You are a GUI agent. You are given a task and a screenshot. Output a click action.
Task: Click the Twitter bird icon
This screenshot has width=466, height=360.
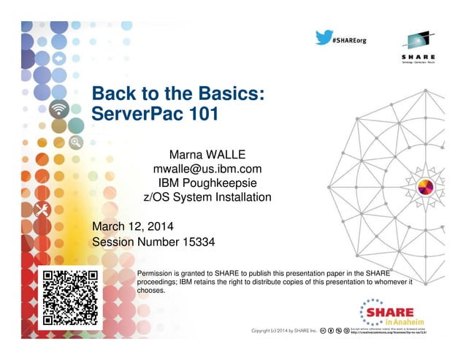[323, 37]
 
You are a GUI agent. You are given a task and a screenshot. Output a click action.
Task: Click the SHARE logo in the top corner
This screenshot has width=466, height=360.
[418, 47]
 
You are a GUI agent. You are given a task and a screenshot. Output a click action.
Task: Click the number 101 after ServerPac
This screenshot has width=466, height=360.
[203, 115]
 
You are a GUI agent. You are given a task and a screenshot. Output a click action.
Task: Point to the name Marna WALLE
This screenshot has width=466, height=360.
[207, 156]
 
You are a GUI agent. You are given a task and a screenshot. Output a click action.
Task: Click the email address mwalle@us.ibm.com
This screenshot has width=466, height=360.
[207, 169]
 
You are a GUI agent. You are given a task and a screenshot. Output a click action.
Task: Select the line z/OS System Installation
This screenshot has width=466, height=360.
[207, 197]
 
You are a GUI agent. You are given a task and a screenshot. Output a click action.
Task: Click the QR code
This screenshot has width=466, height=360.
[70, 297]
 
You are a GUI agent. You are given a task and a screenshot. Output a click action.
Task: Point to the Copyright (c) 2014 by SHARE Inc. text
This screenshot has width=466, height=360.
[283, 332]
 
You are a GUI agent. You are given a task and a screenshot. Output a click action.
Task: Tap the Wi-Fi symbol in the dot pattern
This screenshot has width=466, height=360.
[59, 110]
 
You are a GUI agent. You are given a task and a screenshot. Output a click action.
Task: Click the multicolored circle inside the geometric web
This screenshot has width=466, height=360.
[425, 188]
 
